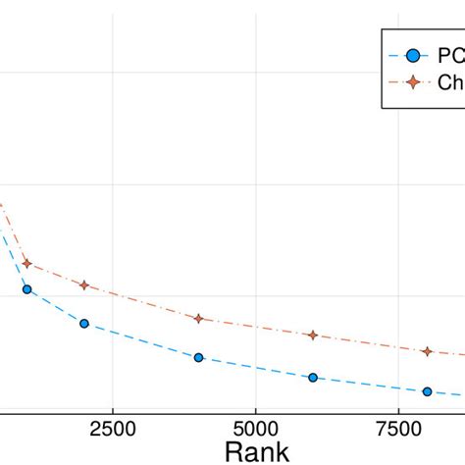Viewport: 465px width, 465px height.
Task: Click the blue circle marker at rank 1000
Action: tap(26, 289)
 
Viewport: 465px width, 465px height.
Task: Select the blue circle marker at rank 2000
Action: tap(84, 324)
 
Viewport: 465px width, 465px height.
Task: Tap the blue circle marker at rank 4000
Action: tap(198, 358)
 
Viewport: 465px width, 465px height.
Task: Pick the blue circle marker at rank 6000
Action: tap(313, 378)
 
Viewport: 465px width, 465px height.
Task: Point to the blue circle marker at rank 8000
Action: tap(427, 391)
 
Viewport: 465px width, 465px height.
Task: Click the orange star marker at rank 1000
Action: tap(26, 263)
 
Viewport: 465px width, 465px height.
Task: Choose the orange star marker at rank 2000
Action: tap(84, 285)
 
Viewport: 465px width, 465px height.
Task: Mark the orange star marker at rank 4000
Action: tap(198, 319)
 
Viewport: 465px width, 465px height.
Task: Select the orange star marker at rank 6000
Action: tap(313, 336)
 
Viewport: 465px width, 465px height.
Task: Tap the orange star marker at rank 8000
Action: tap(427, 351)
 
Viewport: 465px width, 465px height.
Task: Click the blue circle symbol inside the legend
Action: tap(412, 56)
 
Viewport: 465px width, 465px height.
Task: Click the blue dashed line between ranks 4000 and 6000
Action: tap(255, 368)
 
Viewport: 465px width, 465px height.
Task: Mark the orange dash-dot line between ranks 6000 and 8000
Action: tap(370, 343)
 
